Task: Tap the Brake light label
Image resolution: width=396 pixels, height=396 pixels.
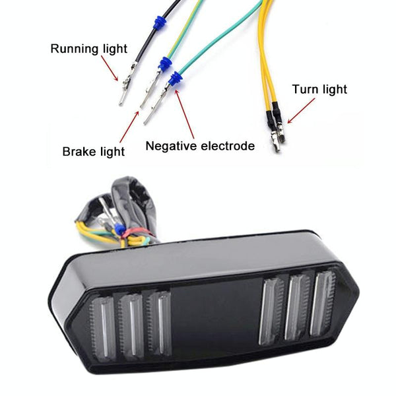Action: point(94,152)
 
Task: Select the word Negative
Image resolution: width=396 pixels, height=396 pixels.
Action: point(173,146)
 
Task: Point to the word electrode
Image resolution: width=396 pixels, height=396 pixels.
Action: point(228,146)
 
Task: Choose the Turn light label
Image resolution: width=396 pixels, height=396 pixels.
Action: point(319,89)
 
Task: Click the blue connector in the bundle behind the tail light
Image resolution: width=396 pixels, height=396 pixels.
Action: point(120,228)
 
